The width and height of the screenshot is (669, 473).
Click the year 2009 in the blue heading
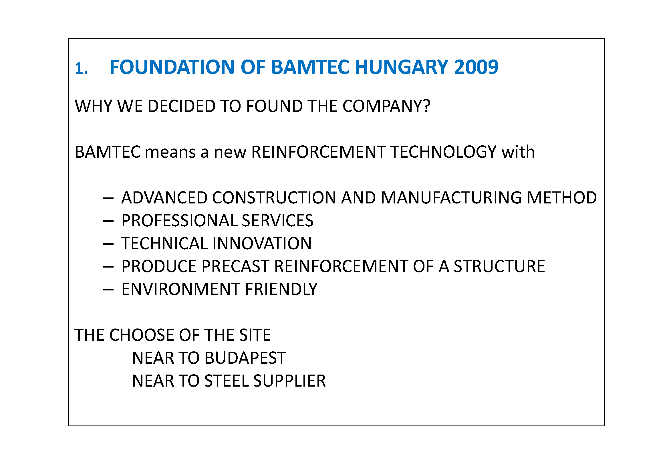pos(477,67)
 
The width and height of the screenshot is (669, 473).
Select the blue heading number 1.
pos(81,69)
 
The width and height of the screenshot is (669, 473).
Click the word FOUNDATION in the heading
pos(172,67)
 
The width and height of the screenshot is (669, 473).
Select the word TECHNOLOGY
pos(443,152)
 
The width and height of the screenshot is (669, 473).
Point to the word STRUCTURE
pos(499,266)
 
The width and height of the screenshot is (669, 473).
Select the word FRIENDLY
pos(281,289)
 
